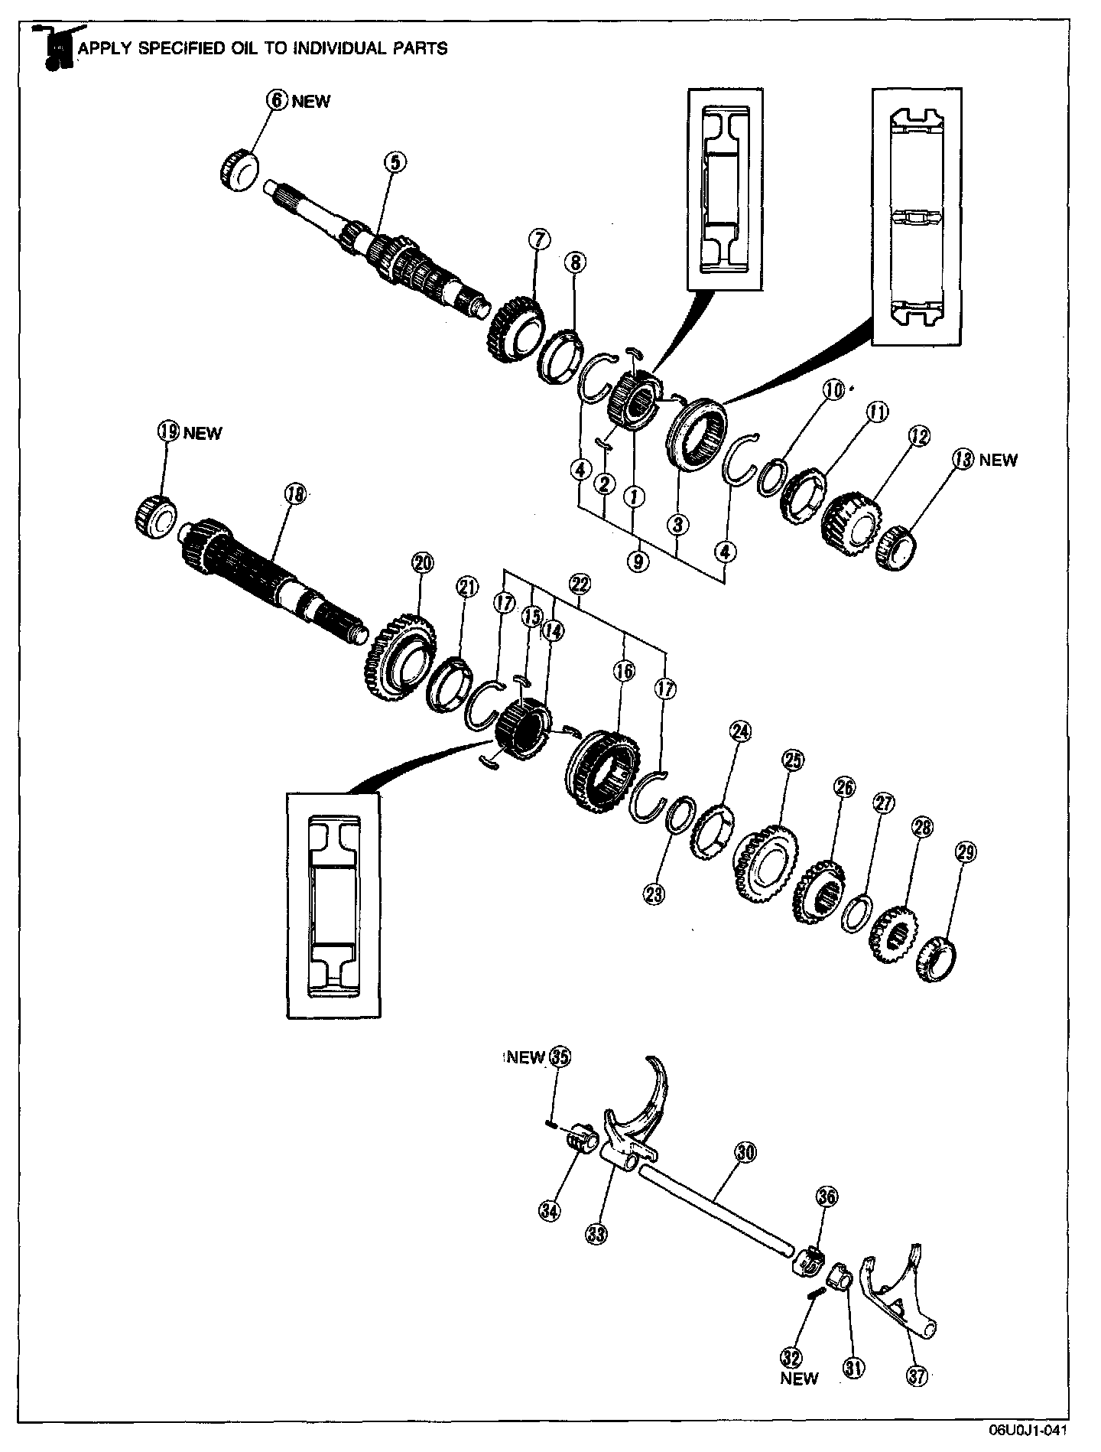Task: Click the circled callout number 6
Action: point(277,100)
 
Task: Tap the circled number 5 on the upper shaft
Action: point(396,161)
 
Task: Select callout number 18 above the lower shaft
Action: point(294,494)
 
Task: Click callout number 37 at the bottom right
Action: point(916,1376)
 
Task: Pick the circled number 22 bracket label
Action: point(580,584)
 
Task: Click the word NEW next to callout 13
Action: point(998,461)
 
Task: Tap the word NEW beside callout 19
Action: point(203,433)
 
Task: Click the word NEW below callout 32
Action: point(799,1379)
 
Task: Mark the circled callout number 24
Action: point(739,731)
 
